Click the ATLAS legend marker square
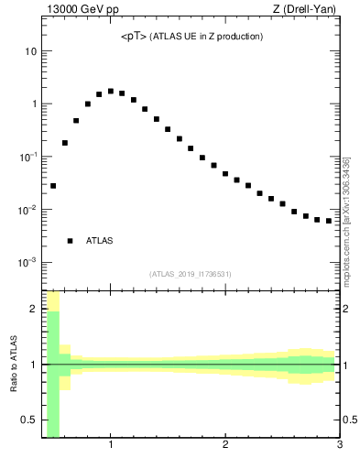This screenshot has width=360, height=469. (70, 241)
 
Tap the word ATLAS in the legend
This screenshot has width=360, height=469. (99, 241)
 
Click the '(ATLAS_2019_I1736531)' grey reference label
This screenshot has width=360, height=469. (191, 274)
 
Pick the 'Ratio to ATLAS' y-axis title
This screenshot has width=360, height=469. (13, 364)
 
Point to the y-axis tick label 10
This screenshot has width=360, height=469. (30, 51)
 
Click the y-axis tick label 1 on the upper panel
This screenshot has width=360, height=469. (33, 104)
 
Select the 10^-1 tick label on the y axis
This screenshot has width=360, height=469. (27, 157)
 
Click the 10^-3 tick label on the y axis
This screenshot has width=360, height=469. (27, 262)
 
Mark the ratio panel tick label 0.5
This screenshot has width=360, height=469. (28, 420)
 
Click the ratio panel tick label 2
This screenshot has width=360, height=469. (33, 309)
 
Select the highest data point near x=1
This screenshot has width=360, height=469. (111, 91)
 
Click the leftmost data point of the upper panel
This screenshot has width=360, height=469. (53, 186)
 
